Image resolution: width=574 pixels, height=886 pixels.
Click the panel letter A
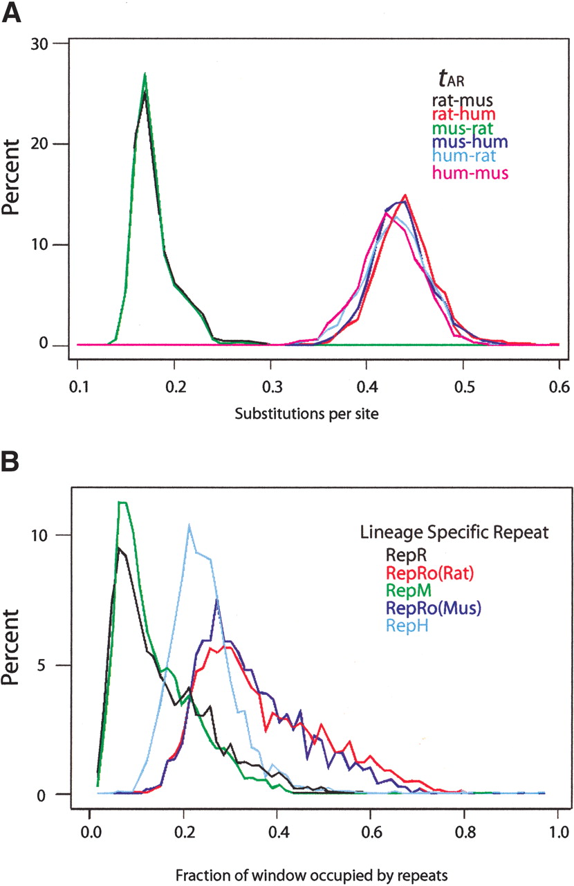click(x=12, y=12)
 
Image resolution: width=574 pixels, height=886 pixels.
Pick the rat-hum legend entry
click(x=463, y=115)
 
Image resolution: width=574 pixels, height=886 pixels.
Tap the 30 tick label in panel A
click(x=39, y=44)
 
